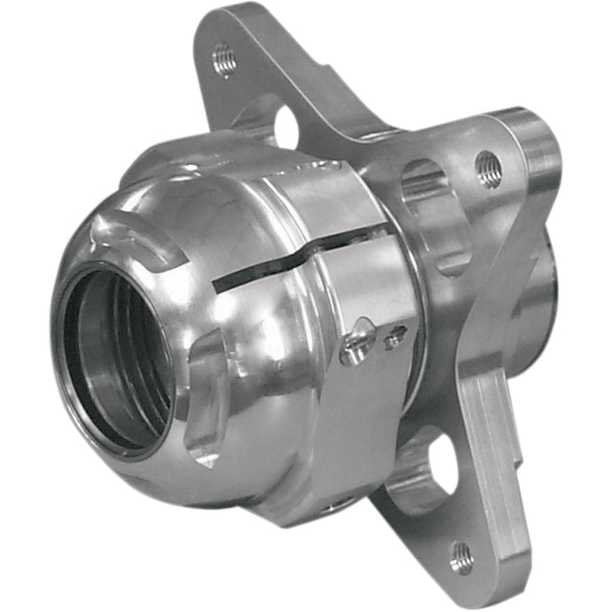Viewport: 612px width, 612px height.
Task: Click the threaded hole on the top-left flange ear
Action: click(x=224, y=59)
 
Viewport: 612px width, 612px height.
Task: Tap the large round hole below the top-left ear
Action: click(x=286, y=126)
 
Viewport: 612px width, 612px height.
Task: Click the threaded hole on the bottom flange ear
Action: click(x=460, y=558)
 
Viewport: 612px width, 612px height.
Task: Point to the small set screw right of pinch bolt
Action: click(x=396, y=334)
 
